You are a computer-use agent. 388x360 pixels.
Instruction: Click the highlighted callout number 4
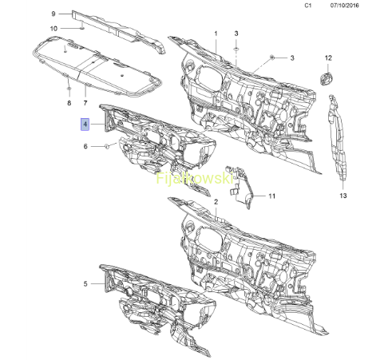pyautogui.click(x=85, y=125)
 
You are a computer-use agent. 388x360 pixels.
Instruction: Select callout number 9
pyautogui.click(x=53, y=14)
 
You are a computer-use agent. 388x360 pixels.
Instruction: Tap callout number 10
pyautogui.click(x=53, y=29)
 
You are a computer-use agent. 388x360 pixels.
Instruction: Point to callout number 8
pyautogui.click(x=69, y=103)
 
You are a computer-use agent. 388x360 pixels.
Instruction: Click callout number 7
pyautogui.click(x=85, y=103)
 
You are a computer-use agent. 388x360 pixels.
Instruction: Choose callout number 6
pyautogui.click(x=85, y=146)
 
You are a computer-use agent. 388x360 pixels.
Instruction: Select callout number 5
pyautogui.click(x=85, y=284)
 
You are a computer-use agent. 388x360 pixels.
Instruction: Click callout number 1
pyautogui.click(x=216, y=34)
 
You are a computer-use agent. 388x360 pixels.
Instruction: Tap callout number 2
pyautogui.click(x=216, y=202)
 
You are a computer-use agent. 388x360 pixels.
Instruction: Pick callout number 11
pyautogui.click(x=271, y=196)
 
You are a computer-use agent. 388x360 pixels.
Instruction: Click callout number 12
pyautogui.click(x=328, y=58)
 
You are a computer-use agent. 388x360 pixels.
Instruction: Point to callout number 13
pyautogui.click(x=343, y=196)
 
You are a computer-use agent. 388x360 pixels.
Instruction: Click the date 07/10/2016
pyautogui.click(x=345, y=6)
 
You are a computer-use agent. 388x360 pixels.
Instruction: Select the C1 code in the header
pyautogui.click(x=308, y=6)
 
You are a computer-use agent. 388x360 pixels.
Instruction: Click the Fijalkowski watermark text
pyautogui.click(x=195, y=178)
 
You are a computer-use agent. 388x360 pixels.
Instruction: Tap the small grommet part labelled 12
pyautogui.click(x=326, y=79)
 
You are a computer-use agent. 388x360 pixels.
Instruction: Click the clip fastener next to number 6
pyautogui.click(x=106, y=146)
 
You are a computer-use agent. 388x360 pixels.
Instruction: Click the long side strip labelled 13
pyautogui.click(x=337, y=137)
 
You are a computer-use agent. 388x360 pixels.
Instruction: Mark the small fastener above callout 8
pyautogui.click(x=69, y=89)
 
